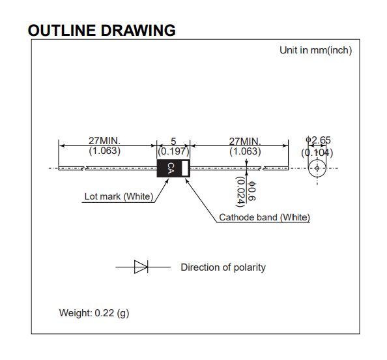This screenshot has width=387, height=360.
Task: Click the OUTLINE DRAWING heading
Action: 102,31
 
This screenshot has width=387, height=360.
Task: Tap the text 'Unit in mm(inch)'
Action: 316,50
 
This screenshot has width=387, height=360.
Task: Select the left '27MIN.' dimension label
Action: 105,141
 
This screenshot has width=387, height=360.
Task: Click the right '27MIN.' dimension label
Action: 245,142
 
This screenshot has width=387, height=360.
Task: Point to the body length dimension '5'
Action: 173,142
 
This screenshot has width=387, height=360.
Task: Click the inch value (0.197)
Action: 173,151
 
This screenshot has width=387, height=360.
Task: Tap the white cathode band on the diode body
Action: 184,168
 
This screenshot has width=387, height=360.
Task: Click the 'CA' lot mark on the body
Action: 171,168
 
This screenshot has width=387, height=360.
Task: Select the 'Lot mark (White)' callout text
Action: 119,196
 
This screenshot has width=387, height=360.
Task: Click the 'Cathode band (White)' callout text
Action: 265,217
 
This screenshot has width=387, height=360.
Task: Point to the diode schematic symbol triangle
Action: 141,267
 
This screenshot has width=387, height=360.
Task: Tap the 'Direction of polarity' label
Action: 223,267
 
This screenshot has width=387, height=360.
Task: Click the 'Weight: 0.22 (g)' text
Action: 94,313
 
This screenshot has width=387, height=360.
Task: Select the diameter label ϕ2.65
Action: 318,140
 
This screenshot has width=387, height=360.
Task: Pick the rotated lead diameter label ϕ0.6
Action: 252,191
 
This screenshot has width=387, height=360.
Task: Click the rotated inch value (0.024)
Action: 240,192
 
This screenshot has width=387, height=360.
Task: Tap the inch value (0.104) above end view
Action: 317,153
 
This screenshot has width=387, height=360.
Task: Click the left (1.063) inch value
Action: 105,151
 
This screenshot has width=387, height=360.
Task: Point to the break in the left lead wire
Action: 84,168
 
